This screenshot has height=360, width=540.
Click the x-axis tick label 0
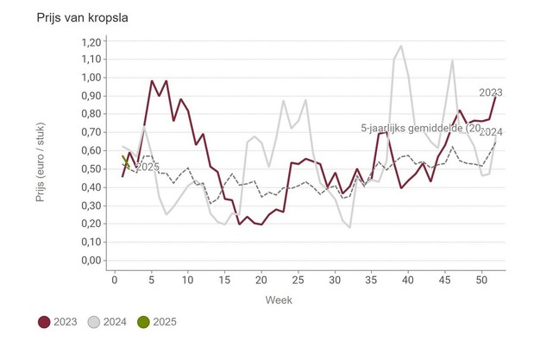pos(115,279)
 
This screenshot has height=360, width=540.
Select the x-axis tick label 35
pos(372,279)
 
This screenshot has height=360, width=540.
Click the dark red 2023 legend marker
pos(44,322)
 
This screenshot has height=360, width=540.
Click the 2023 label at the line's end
pos(491,92)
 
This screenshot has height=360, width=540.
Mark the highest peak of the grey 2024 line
pos(401,47)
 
